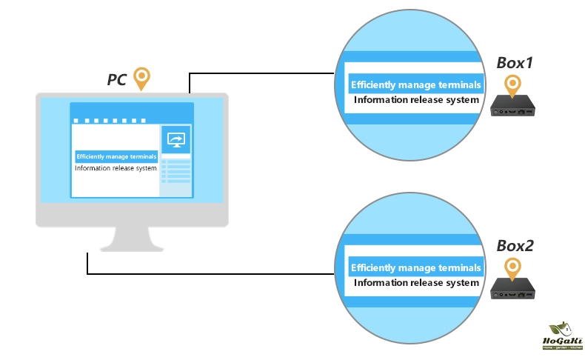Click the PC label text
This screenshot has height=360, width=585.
116,79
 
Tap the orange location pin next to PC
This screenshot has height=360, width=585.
141,77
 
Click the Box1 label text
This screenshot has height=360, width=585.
515,64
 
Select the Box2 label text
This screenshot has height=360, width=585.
515,246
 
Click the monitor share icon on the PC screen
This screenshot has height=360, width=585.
176,139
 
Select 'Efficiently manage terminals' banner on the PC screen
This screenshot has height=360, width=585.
116,156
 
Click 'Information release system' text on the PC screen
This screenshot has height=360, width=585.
116,168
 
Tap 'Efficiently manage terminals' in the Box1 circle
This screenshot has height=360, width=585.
415,84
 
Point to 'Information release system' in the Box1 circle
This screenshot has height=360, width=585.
416,99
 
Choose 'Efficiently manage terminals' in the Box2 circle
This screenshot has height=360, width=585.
415,267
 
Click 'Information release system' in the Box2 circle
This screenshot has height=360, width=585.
416,282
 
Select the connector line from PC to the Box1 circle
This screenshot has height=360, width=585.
259,73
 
